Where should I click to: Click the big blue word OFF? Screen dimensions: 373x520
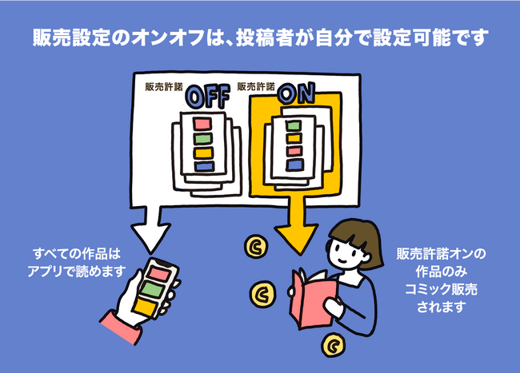(207, 96)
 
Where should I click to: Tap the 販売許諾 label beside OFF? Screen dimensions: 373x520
(162, 86)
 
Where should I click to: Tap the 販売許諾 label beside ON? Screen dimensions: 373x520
(256, 86)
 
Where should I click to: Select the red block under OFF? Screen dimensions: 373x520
(202, 125)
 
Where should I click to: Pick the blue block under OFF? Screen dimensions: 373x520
(205, 166)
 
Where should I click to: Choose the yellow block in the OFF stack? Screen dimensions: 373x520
(203, 152)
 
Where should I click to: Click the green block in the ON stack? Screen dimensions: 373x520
(294, 125)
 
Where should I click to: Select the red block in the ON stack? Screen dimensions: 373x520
(294, 151)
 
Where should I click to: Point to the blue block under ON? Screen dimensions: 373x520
(295, 165)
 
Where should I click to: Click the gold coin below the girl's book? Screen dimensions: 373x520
(330, 346)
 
